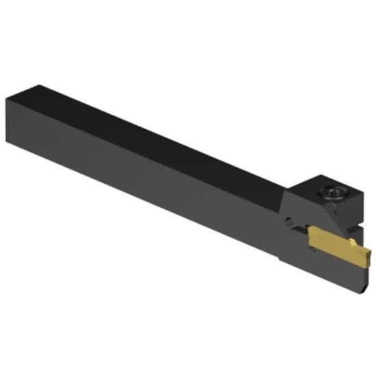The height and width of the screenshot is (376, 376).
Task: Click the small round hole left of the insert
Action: (x=288, y=221)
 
